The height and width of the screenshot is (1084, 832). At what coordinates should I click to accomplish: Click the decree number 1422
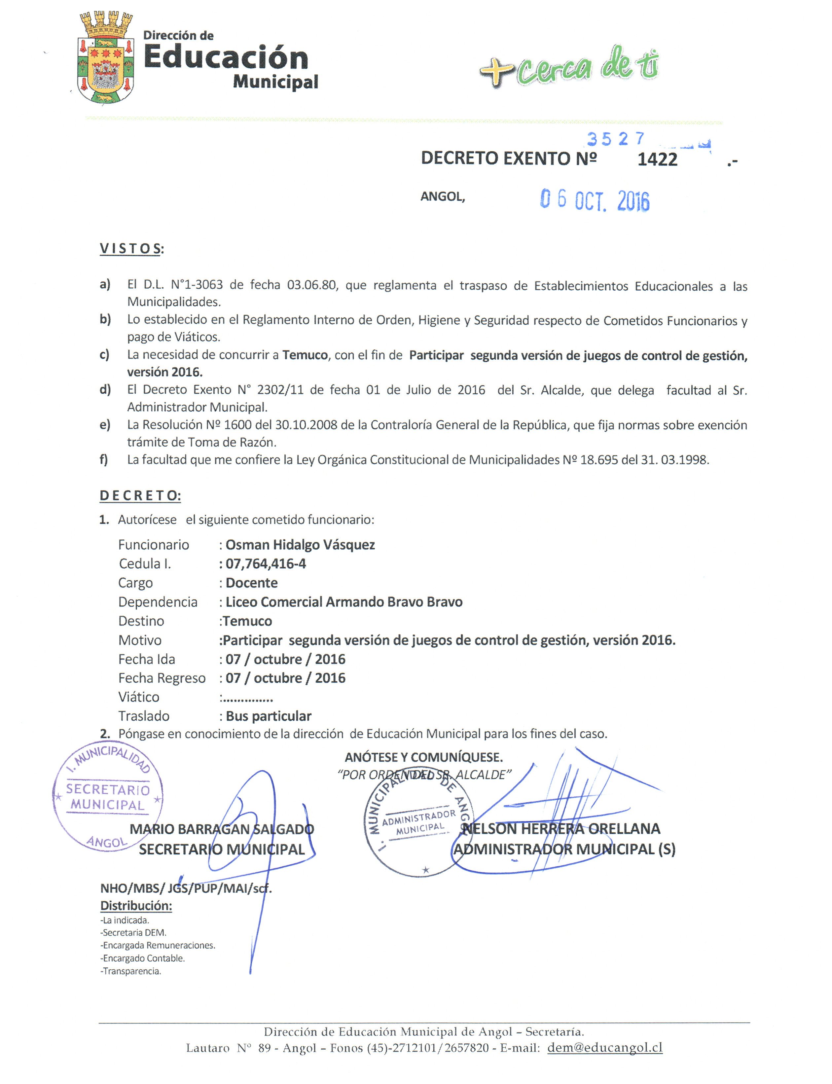click(657, 160)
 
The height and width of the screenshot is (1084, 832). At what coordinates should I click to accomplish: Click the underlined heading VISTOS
click(131, 249)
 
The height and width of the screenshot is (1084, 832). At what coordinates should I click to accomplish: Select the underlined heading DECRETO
click(140, 496)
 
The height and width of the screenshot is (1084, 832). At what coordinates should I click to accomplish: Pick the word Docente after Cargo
click(252, 583)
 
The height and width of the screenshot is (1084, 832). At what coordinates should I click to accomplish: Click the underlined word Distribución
click(136, 906)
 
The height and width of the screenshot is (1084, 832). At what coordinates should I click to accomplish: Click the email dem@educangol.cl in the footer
click(605, 1048)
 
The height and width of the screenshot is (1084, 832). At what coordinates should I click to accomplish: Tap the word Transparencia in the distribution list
click(131, 971)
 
